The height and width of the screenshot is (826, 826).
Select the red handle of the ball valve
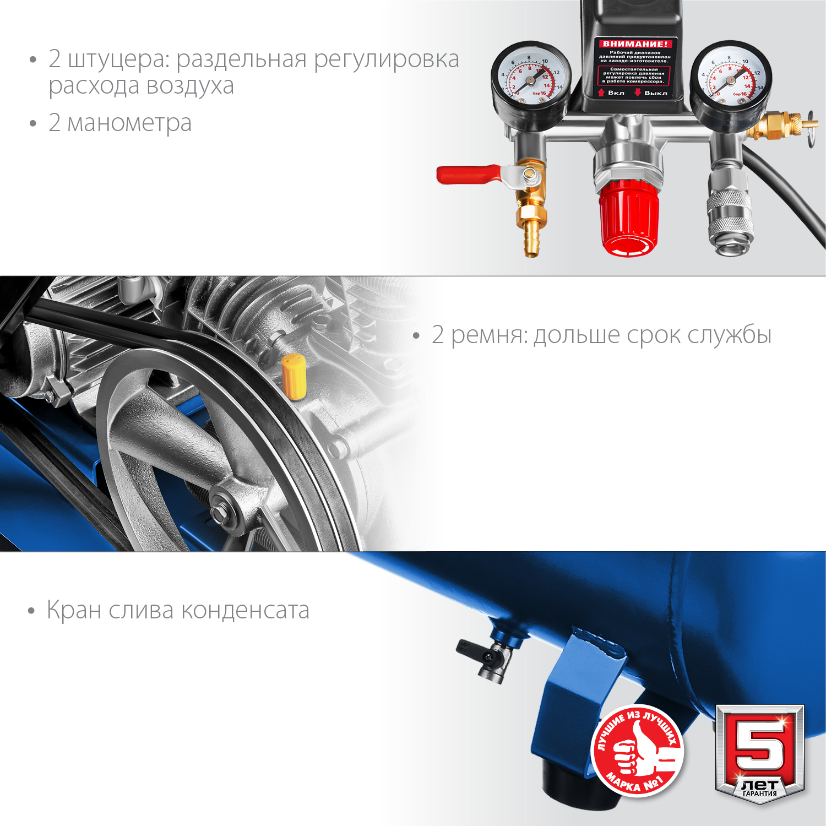[468, 174]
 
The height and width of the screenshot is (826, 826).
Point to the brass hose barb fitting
[531, 237]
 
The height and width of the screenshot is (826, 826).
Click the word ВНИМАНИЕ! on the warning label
[635, 44]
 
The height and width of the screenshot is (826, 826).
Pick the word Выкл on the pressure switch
[655, 93]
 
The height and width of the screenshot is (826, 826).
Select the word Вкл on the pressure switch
[616, 93]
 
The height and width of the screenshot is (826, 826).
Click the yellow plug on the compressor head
[294, 376]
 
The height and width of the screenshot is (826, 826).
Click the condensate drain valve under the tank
[487, 659]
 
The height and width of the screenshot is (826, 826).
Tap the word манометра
[129, 123]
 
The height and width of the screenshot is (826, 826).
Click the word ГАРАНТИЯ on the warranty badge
[759, 794]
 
